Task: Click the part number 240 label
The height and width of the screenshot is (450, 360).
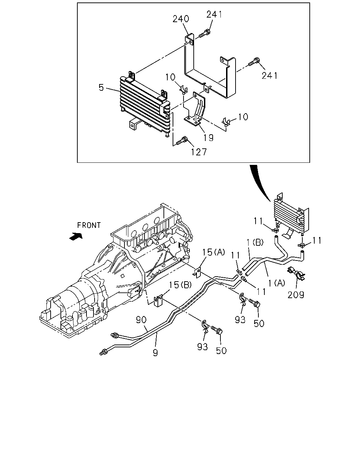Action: click(181, 19)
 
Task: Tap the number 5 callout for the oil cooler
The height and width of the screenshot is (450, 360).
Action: click(101, 88)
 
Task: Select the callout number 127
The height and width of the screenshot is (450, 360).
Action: click(199, 152)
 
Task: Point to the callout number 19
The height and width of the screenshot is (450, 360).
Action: click(208, 137)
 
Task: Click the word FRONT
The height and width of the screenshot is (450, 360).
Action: click(89, 225)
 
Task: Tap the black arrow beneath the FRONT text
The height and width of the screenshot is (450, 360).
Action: click(76, 236)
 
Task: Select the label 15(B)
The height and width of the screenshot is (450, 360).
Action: click(180, 285)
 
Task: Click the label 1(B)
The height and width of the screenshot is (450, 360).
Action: click(255, 242)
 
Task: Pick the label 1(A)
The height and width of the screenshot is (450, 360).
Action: click(277, 283)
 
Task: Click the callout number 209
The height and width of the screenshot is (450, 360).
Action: click(296, 295)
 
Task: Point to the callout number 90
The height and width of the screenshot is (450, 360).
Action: click(141, 320)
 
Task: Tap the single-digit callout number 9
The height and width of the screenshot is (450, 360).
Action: click(155, 353)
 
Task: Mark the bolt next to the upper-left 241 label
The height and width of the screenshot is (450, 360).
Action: click(204, 33)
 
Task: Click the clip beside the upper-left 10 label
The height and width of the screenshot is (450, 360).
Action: click(184, 89)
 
